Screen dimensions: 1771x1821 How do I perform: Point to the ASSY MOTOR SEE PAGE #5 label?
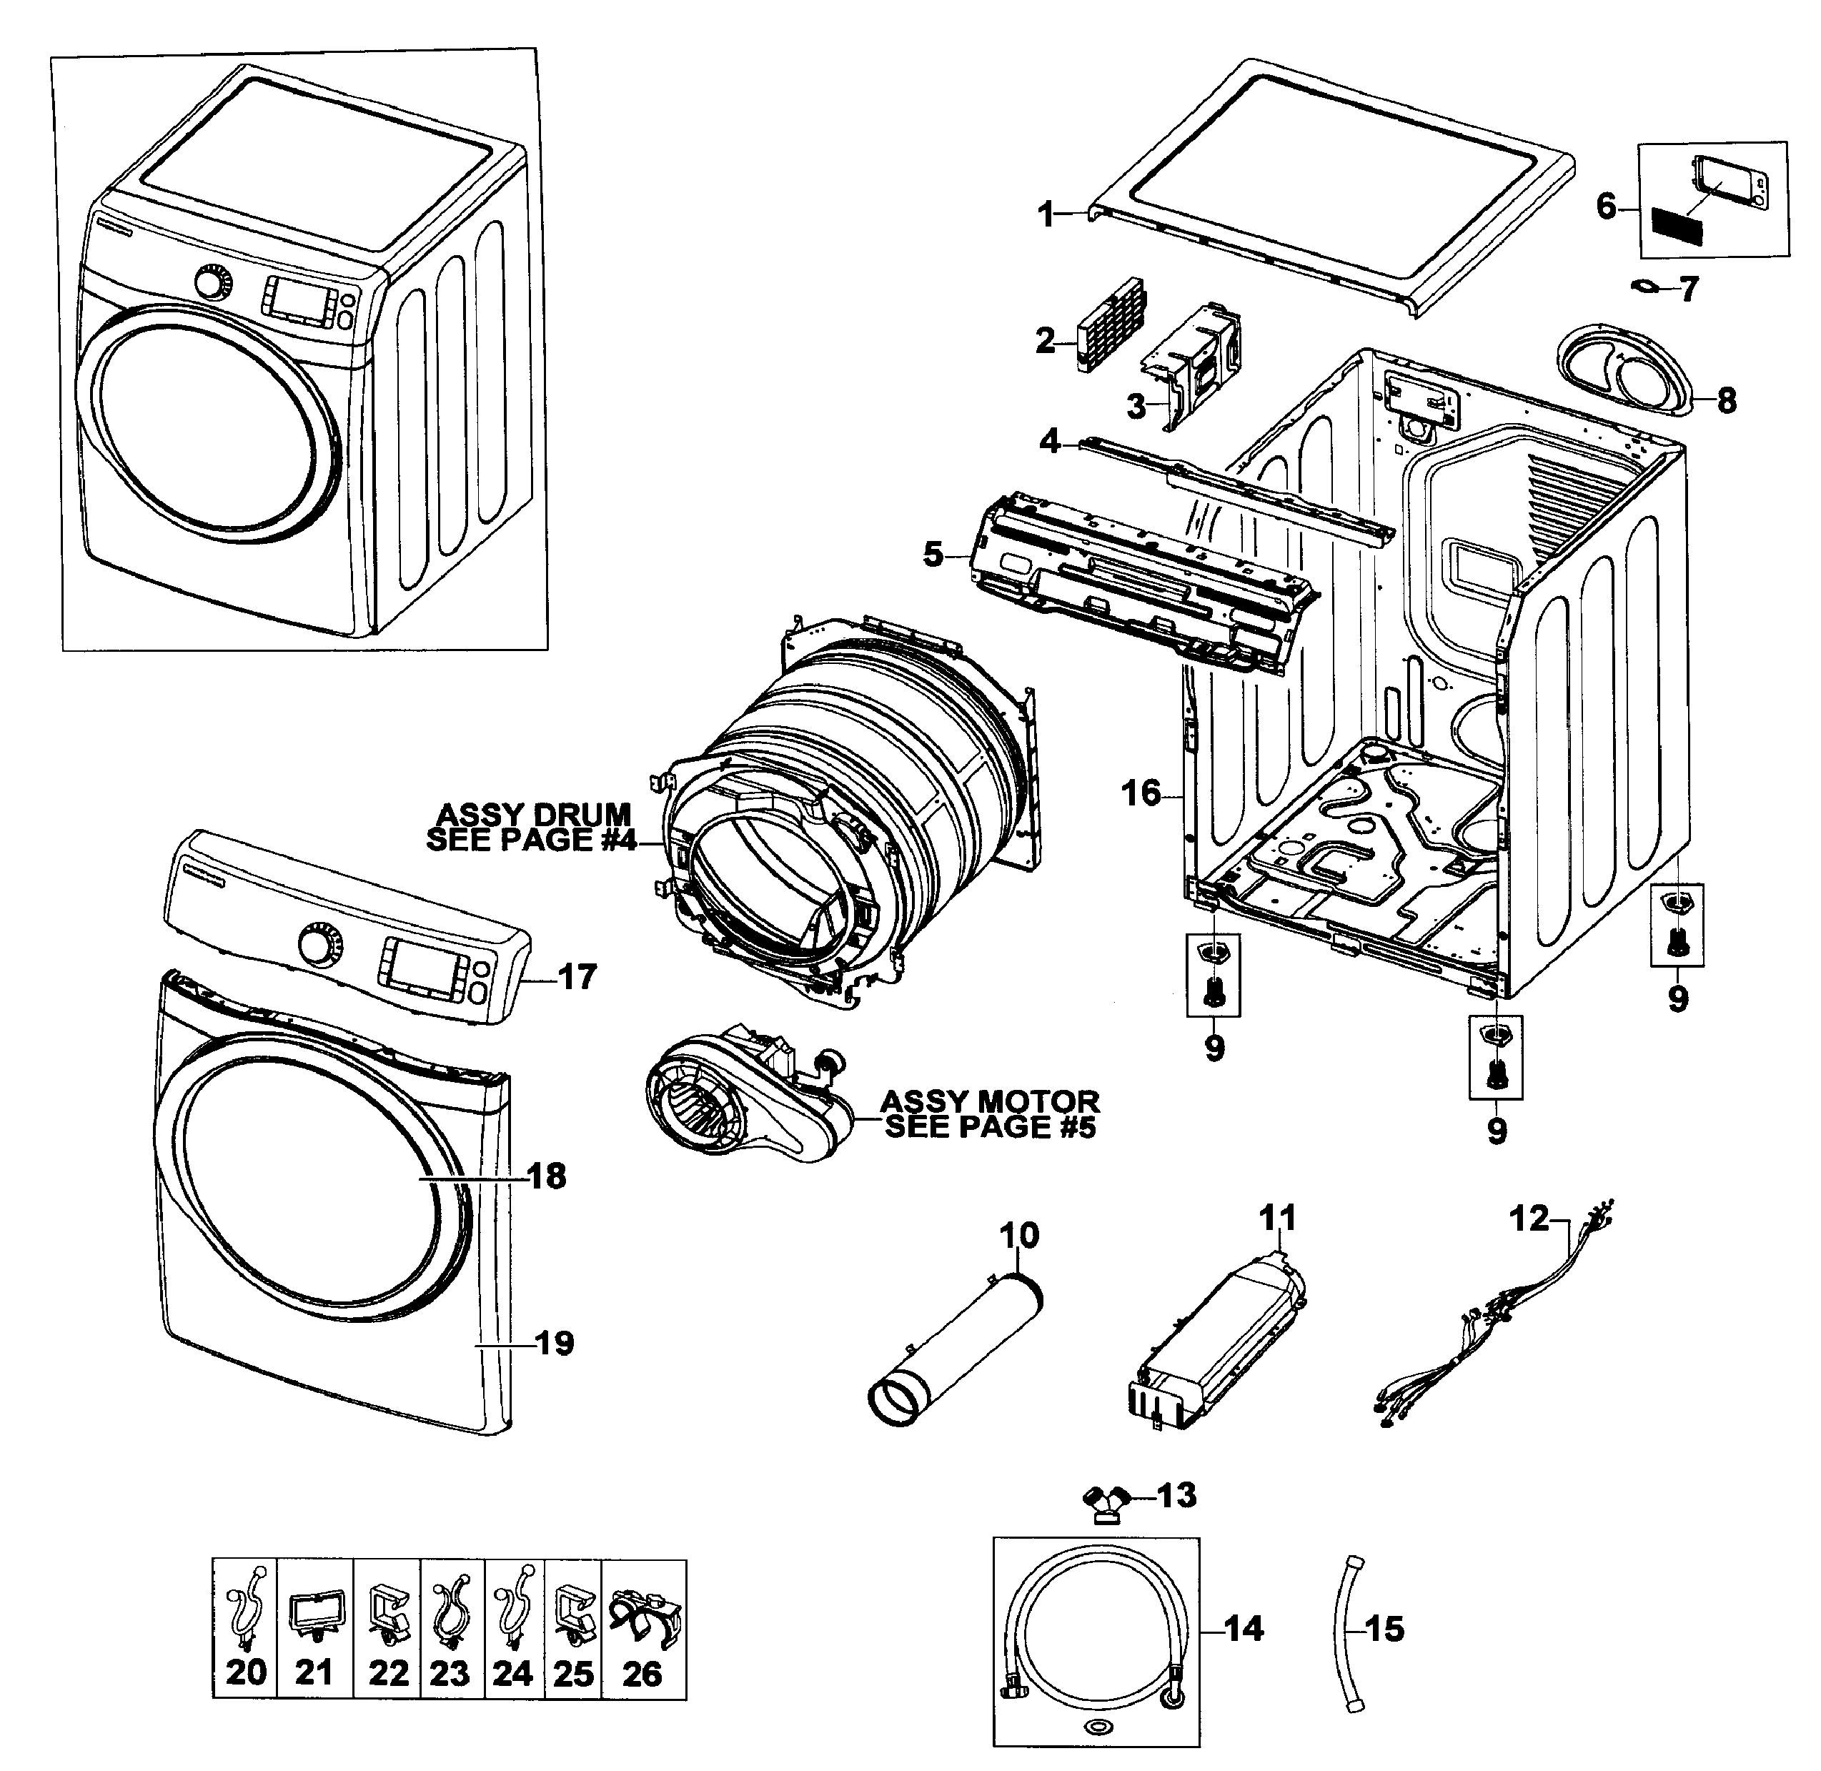click(x=991, y=1114)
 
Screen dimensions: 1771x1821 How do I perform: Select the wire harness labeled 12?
click(x=1497, y=1320)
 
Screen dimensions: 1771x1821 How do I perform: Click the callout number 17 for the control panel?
click(x=577, y=978)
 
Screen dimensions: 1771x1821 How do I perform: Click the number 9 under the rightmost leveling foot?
click(x=1677, y=998)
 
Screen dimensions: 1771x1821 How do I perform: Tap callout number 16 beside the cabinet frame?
click(x=1141, y=794)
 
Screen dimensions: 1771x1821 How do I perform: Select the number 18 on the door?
click(x=547, y=1176)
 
